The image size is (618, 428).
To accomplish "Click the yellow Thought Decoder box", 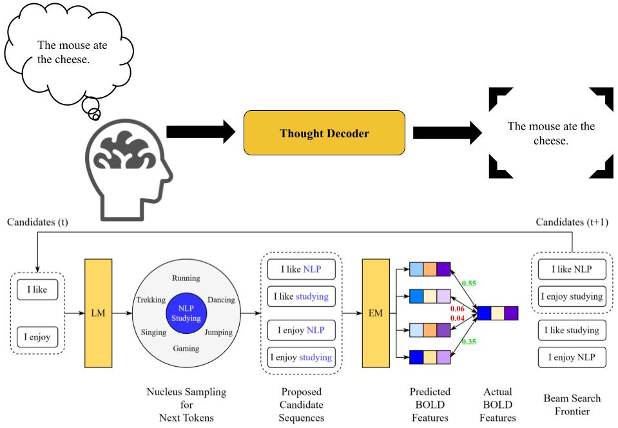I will click(324, 133).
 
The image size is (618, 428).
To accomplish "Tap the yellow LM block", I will click(98, 313).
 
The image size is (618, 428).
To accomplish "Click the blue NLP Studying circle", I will click(186, 313).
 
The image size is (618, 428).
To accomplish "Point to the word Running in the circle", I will click(186, 278).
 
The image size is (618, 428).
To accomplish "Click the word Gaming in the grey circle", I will click(186, 349).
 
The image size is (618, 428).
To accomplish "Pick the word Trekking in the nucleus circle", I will click(152, 300).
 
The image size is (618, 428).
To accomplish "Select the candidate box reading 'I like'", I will click(37, 290).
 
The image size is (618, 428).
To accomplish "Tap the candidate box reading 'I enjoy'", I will click(37, 336).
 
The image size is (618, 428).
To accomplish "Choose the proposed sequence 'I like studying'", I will click(300, 297).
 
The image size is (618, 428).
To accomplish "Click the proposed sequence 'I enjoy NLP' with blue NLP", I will click(300, 331).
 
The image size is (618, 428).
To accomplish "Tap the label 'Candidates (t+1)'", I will click(571, 222).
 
